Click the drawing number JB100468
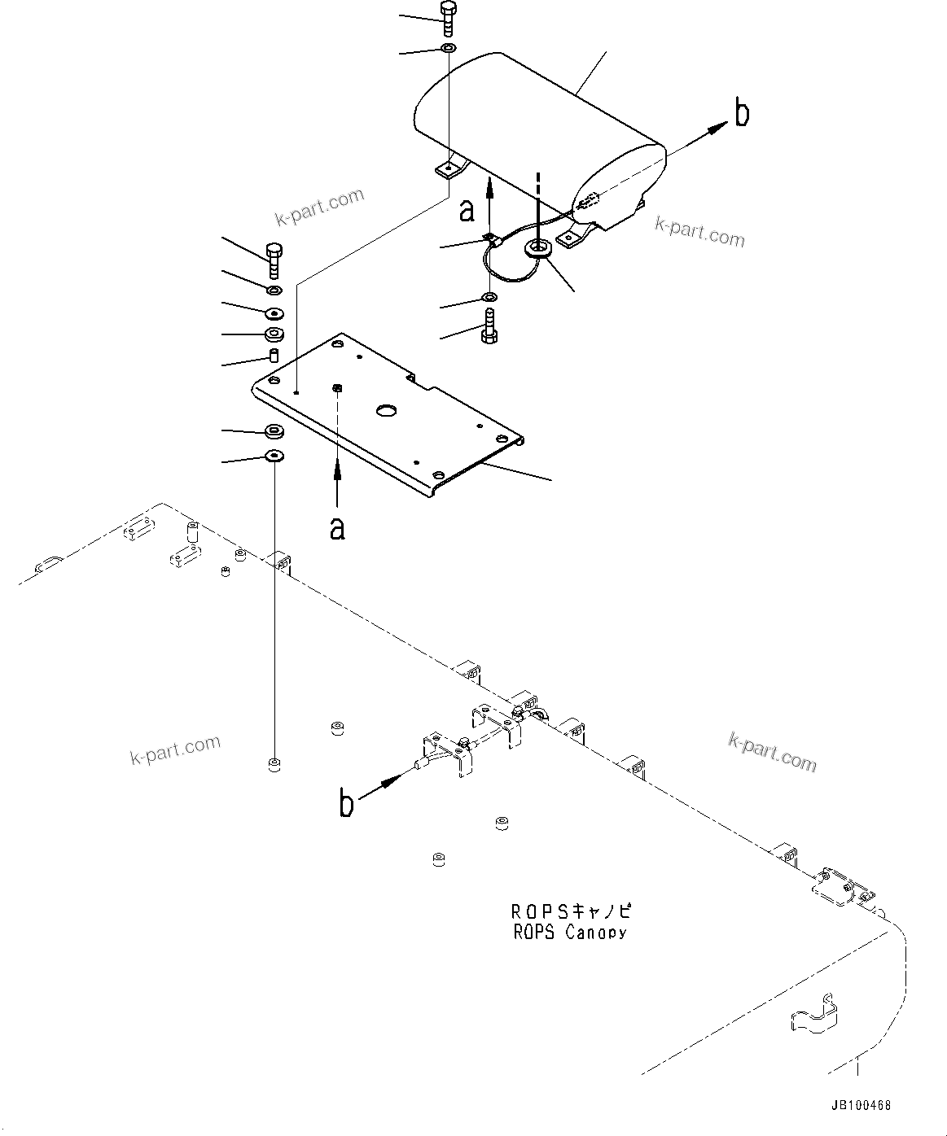click(861, 1106)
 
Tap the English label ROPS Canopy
click(570, 933)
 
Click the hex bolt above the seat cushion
click(448, 19)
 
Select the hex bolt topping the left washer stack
click(274, 260)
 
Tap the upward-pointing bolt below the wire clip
click(489, 327)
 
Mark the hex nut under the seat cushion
click(539, 247)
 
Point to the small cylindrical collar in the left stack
click(274, 356)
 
